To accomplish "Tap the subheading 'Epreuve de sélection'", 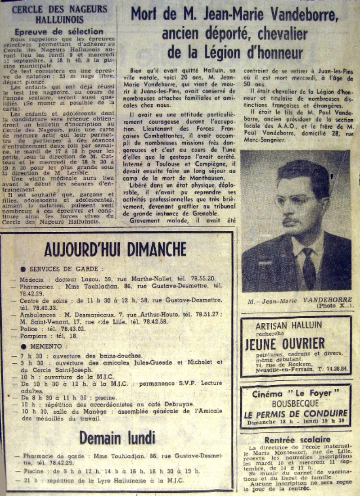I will pos(59,32).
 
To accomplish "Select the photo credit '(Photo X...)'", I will pos(335,306).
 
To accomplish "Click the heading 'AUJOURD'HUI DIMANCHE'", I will pos(115,248).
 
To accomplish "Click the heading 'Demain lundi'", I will pos(117,438).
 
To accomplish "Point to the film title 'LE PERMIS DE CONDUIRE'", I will pos(296,414).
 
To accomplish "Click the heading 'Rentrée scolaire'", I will pos(297,440).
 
